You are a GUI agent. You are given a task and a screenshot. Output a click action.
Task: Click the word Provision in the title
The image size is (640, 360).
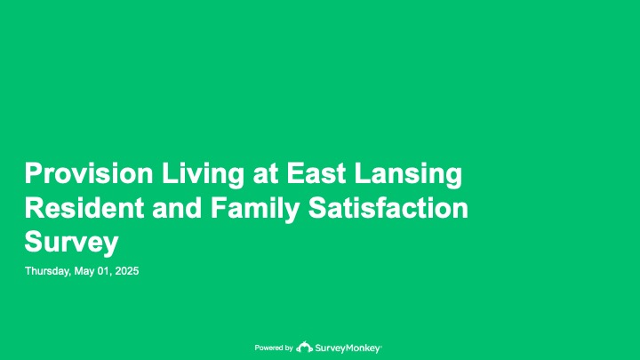tap(89, 173)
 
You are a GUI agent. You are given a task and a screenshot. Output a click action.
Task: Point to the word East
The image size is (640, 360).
tap(316, 173)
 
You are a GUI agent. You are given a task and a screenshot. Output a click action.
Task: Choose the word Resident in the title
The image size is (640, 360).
tap(84, 208)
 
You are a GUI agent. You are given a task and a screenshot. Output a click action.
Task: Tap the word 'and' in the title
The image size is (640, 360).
tap(177, 208)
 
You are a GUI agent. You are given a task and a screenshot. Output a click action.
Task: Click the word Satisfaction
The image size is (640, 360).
tap(388, 208)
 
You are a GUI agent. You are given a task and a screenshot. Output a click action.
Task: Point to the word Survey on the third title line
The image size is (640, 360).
tap(71, 243)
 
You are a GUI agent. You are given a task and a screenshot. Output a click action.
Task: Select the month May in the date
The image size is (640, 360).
tap(84, 271)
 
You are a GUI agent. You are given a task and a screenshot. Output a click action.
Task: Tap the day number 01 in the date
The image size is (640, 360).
tap(104, 271)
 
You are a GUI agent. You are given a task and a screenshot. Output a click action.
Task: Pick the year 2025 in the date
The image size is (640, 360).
tap(127, 271)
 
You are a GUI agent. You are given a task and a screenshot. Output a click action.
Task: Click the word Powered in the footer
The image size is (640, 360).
tap(268, 348)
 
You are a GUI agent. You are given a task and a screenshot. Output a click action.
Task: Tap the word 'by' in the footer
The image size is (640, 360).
tap(289, 348)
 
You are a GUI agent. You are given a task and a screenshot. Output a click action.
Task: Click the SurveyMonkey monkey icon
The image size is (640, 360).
tap(304, 347)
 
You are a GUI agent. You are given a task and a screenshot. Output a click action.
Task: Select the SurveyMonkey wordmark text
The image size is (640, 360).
tap(348, 348)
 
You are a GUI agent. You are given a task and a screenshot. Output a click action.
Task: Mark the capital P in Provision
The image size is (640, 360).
tap(33, 173)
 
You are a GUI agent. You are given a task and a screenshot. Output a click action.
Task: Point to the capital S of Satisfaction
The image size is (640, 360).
tap(317, 208)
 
